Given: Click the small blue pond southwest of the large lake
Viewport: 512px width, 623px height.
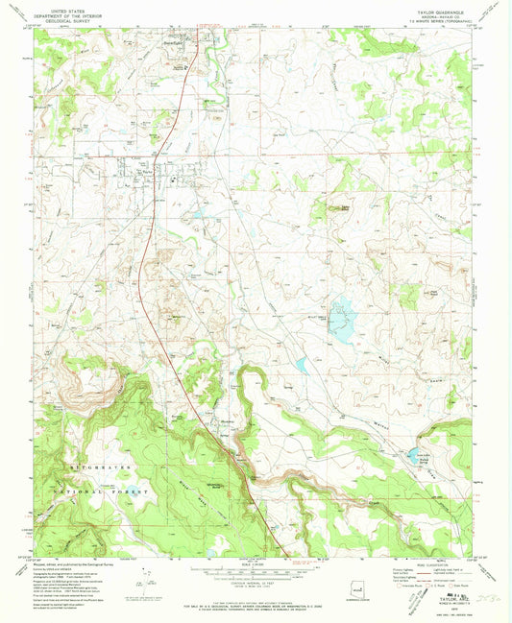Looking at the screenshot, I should point(302,365).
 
